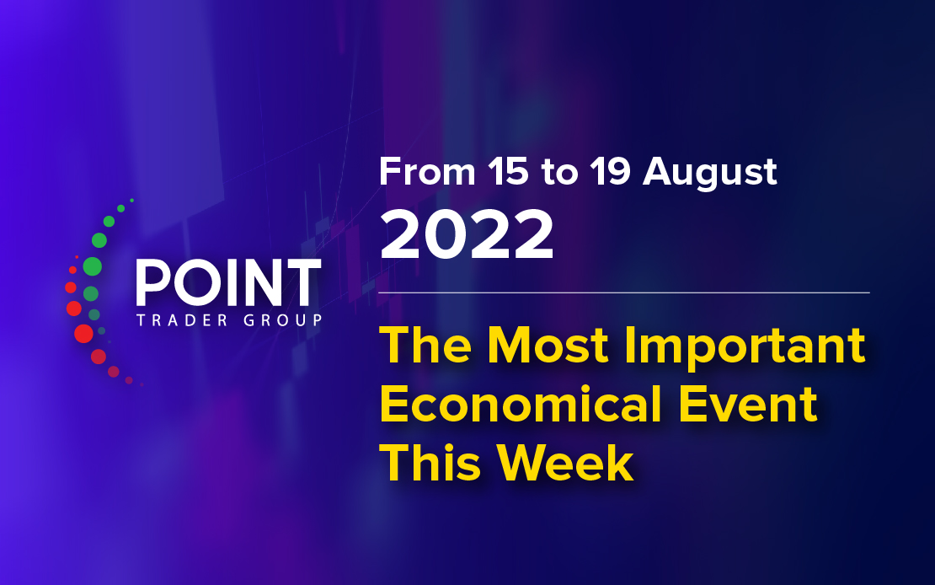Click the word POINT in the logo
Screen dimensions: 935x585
229,282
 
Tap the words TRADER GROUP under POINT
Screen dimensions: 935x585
230,320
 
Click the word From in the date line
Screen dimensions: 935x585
427,172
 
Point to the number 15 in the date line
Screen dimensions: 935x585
507,172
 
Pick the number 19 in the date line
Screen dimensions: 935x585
610,172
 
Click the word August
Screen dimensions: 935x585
709,173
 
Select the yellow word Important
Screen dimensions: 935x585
744,346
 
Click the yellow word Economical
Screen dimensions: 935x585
521,404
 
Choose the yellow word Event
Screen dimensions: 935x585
748,404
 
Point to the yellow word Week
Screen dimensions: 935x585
565,463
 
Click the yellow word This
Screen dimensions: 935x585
430,463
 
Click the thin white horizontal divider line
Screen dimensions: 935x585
623,293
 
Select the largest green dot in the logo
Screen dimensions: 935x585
93,266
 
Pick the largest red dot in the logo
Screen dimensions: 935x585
83,333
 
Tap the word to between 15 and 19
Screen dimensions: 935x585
559,173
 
